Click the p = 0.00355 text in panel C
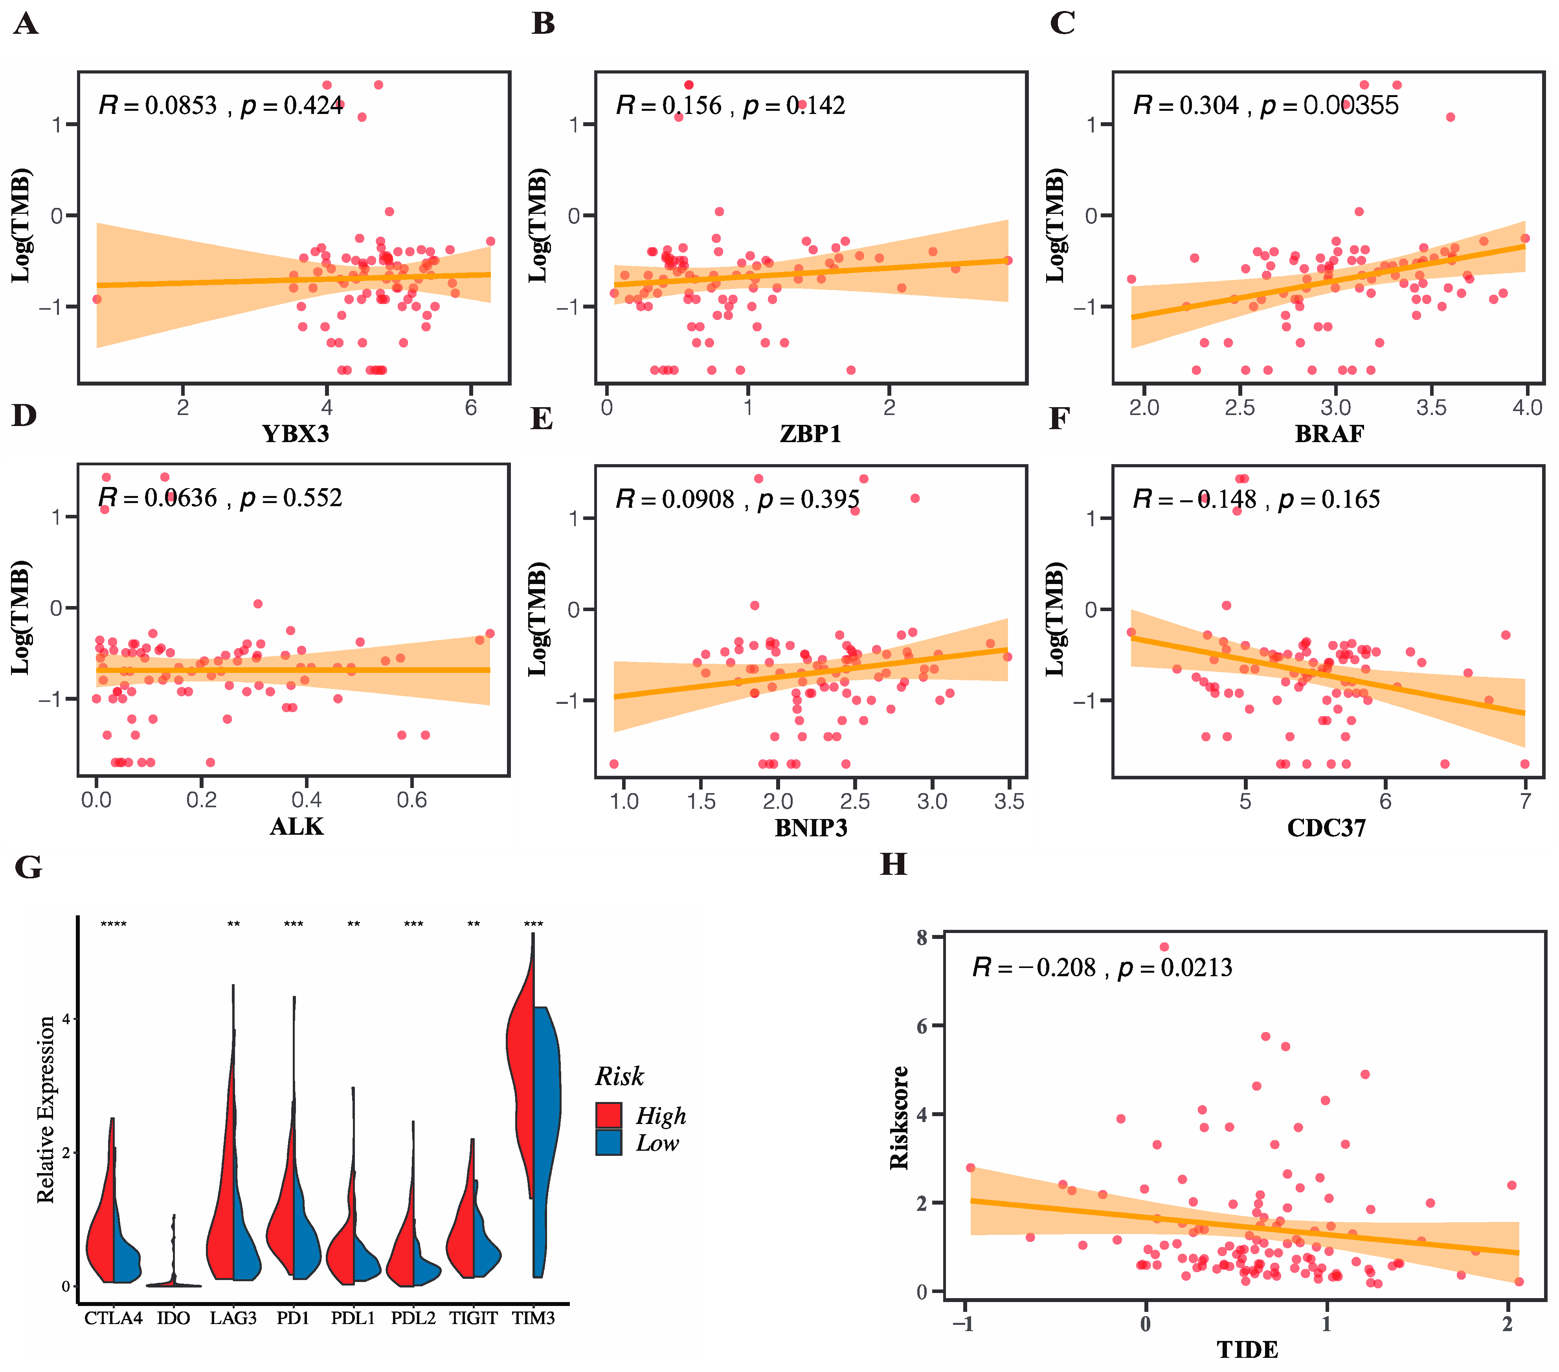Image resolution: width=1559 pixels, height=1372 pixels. [1329, 105]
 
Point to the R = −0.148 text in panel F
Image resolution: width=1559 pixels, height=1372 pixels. [1194, 500]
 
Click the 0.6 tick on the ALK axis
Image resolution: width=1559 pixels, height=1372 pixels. [412, 800]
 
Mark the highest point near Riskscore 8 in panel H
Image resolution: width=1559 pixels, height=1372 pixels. [1164, 947]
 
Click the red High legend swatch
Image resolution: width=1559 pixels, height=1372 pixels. [609, 1115]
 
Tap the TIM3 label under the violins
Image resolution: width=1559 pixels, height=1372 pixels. [533, 1318]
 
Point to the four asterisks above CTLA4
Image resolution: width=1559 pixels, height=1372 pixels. [114, 925]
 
